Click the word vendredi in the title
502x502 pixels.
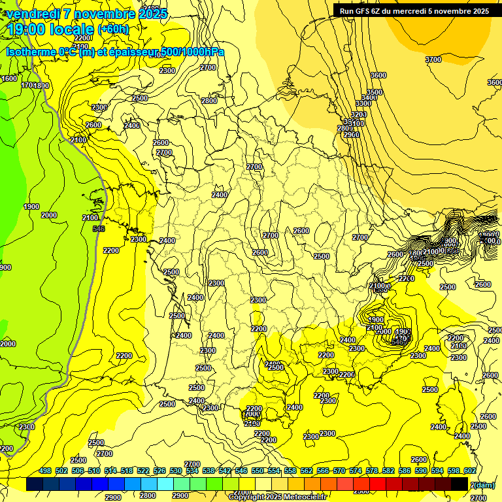pos(33,14)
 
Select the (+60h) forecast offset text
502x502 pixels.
pos(113,29)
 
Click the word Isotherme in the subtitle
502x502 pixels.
pos(31,52)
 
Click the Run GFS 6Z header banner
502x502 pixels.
pos(414,10)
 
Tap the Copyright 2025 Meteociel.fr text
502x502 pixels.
pos(277,497)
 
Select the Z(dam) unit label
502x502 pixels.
pos(482,484)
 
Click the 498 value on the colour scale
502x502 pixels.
pos(45,471)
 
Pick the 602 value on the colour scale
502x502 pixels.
pos(469,471)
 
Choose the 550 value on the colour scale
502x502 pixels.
pos(258,471)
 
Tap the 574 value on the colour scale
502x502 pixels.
pos(356,471)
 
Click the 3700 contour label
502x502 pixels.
pos(433,59)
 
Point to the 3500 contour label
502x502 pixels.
pos(374,92)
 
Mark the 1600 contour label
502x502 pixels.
pos(9,78)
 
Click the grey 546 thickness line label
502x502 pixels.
pos(99,229)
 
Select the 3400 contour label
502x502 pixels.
pos(369,98)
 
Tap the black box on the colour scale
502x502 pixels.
pos(459,484)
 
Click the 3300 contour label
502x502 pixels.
pos(363,104)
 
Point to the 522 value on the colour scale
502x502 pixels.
pos(143,471)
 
